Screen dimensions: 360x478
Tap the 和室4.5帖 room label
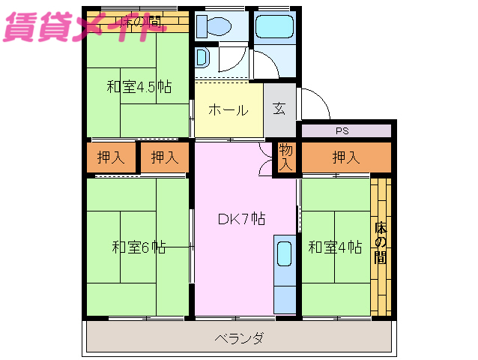(139, 87)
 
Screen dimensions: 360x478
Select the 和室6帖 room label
(139, 246)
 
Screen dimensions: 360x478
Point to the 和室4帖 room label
(335, 246)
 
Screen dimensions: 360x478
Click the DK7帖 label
(240, 219)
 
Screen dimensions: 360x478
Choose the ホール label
(228, 110)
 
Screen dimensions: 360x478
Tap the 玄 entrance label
(279, 109)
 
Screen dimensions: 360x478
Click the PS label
(342, 131)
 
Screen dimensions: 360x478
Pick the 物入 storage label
(286, 157)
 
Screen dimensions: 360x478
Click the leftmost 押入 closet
(111, 157)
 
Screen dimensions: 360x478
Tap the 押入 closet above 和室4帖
(345, 157)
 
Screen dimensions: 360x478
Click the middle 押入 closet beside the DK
(165, 157)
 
